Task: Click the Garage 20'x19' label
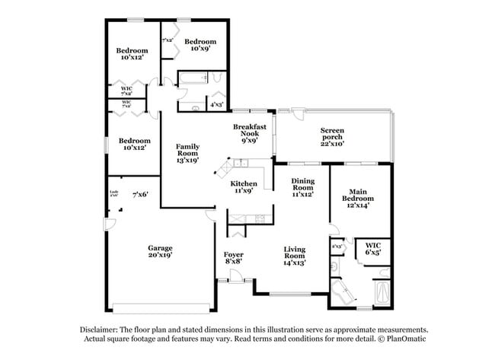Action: [160, 252]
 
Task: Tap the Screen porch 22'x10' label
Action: [332, 136]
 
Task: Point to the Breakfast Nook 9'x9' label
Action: [249, 132]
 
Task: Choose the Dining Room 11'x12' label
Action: [303, 187]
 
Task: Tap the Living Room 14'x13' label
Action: [295, 256]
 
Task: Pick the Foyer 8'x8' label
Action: [233, 257]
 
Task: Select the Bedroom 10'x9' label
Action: [200, 46]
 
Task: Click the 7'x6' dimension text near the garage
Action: [139, 195]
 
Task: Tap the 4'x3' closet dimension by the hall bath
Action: [216, 104]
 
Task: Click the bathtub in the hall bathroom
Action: [193, 78]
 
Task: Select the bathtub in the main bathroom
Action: [381, 294]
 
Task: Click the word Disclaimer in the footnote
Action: [103, 330]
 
